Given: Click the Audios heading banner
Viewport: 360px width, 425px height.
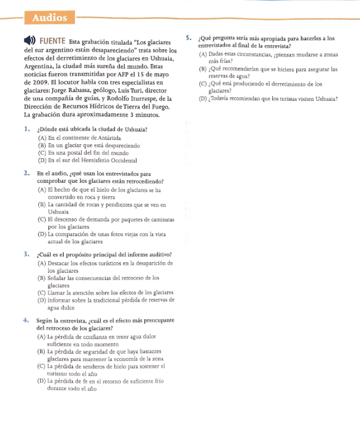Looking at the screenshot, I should point(50,17).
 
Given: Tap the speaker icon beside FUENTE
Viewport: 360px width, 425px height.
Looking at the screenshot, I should point(30,41).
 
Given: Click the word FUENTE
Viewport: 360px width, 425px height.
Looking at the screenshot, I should point(53,41).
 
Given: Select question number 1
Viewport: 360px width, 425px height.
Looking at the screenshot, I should point(26,130).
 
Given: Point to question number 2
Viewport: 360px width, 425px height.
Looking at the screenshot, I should point(26,173).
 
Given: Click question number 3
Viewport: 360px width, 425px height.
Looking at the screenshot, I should point(26,254).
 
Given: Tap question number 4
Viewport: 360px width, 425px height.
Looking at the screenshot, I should point(26,320).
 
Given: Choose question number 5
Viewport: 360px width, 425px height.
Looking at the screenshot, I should point(188,38).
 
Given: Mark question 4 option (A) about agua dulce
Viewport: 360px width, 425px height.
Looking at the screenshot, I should point(103,341).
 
